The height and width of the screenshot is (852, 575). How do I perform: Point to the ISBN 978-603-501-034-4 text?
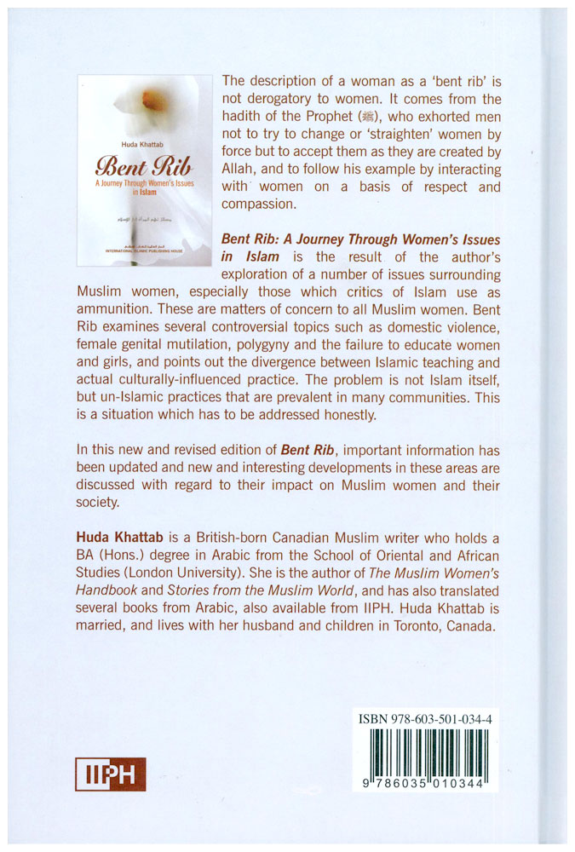click(420, 720)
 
